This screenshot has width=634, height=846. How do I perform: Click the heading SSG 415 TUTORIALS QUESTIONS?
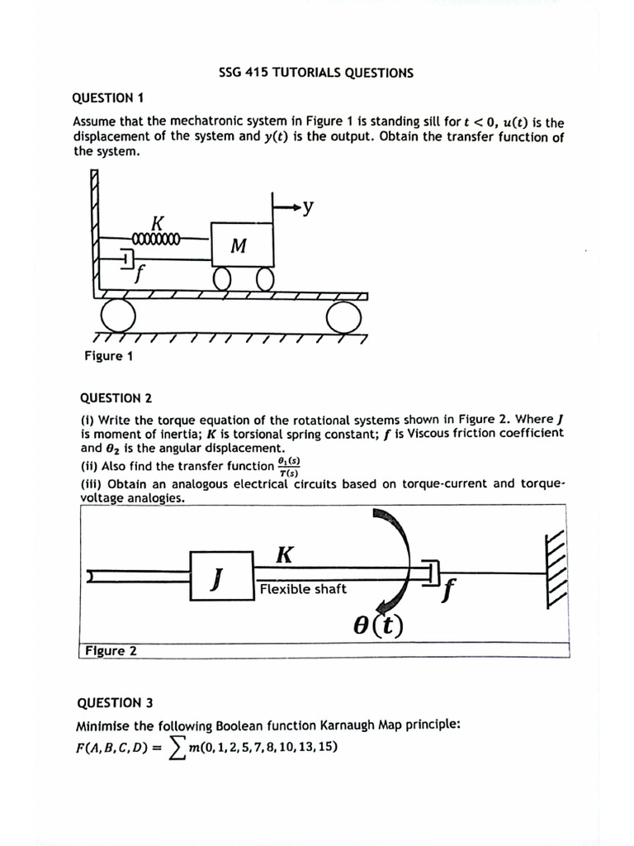point(316,73)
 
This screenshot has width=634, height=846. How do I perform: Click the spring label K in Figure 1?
point(157,222)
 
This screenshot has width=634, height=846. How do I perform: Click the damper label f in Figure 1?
point(140,273)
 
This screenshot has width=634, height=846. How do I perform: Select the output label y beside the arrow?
point(307,207)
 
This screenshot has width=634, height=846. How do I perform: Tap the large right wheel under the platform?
point(343,316)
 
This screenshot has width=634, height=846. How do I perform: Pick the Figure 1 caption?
point(108,356)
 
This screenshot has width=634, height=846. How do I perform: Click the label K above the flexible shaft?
point(283,554)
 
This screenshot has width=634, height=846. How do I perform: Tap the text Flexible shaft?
point(303,589)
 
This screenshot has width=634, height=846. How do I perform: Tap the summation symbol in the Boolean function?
point(176,749)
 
